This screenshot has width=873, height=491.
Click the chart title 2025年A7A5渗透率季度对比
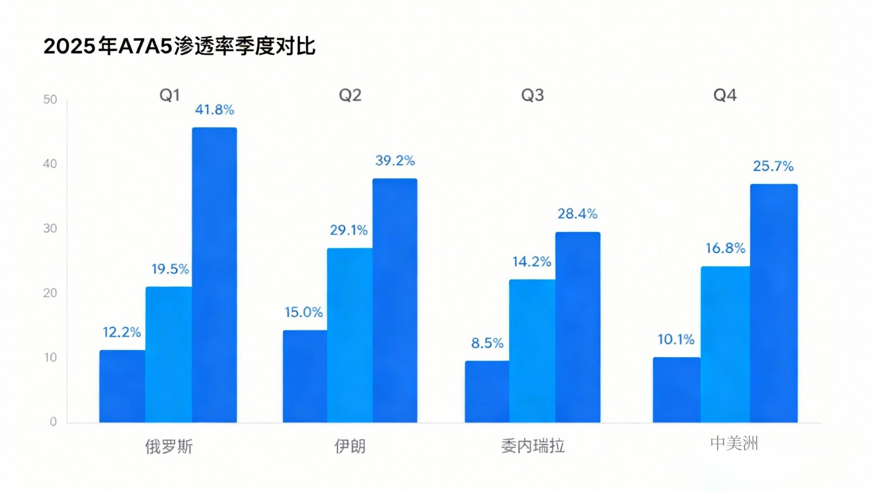(x=179, y=46)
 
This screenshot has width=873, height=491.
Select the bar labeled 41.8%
(x=214, y=275)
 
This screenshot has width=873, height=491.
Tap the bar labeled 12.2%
(x=122, y=386)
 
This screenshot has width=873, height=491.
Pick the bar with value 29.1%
(x=350, y=336)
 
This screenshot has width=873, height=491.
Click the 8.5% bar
(x=487, y=392)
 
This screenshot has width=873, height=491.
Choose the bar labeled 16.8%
(x=725, y=345)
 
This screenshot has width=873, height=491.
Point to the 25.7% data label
(x=773, y=166)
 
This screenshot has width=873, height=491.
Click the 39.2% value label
(x=395, y=160)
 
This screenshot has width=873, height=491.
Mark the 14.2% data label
(x=532, y=262)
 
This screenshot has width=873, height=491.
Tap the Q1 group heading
(x=170, y=95)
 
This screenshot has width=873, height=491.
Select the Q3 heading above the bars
(x=532, y=95)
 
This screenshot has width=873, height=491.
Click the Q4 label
(x=725, y=95)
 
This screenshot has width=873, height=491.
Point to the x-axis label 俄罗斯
(x=169, y=446)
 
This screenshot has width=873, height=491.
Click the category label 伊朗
(x=350, y=446)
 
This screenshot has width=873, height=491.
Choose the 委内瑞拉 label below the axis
(x=532, y=446)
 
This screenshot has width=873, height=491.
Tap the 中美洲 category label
(x=734, y=443)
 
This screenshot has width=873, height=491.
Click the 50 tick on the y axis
(x=50, y=100)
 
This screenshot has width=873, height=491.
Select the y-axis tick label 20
(x=50, y=293)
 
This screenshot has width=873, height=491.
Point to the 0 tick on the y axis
(x=53, y=422)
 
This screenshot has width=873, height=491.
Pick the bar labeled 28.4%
(x=577, y=327)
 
